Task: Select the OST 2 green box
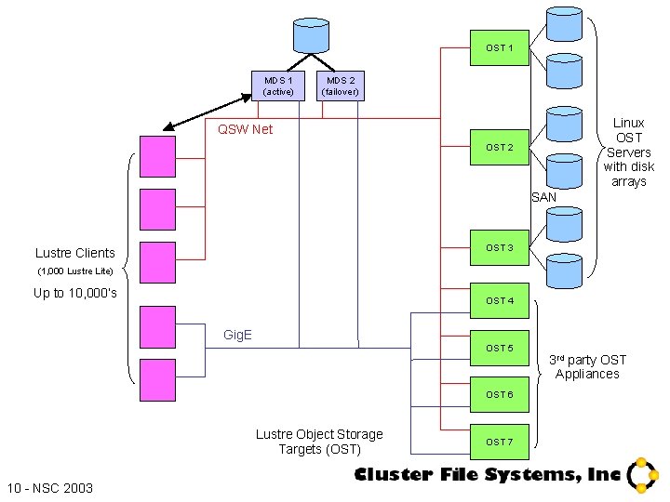500,148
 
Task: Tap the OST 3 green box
500,248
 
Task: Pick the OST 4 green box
500,301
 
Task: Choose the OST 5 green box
500,349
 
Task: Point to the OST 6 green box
500,395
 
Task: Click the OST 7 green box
500,442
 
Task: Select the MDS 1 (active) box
277,86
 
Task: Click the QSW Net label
245,129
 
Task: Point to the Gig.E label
237,335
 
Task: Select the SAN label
543,197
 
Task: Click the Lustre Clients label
75,253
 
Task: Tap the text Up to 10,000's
75,294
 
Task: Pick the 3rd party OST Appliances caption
587,367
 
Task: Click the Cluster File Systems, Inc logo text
487,475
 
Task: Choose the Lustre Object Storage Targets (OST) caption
319,442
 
